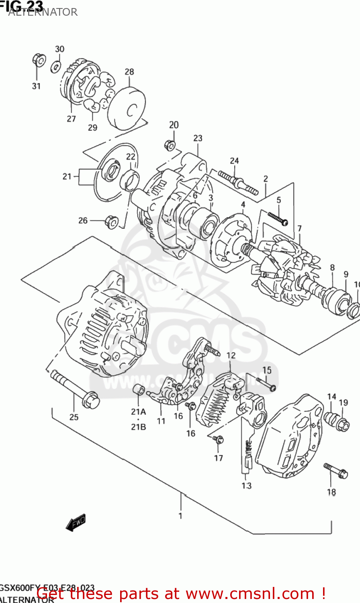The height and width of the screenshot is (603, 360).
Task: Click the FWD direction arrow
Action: [x=76, y=522]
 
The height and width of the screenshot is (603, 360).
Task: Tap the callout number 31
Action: [x=36, y=86]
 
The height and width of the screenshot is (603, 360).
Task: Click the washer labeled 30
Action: [x=56, y=67]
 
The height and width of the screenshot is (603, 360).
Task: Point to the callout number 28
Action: [x=129, y=72]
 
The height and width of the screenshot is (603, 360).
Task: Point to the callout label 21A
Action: [x=138, y=411]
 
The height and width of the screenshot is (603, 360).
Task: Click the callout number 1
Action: [x=180, y=516]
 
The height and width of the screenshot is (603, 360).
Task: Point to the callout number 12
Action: [x=231, y=355]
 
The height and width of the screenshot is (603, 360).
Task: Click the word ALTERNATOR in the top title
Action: [x=43, y=12]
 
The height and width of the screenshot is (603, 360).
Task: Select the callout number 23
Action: [x=198, y=138]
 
